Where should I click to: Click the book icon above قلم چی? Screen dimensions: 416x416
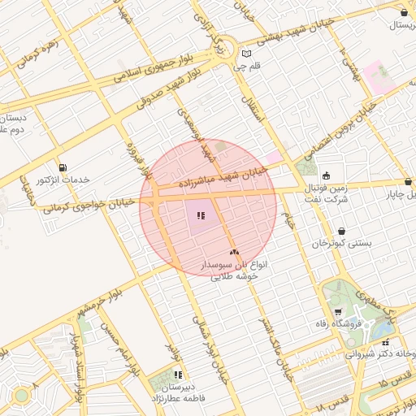tap(246, 54)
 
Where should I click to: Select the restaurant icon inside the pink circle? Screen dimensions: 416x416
tap(200, 216)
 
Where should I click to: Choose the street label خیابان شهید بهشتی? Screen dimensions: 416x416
tap(295, 30)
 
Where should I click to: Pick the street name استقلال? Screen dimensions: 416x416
tap(255, 105)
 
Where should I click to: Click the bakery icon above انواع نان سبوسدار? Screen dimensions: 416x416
tap(234, 253)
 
